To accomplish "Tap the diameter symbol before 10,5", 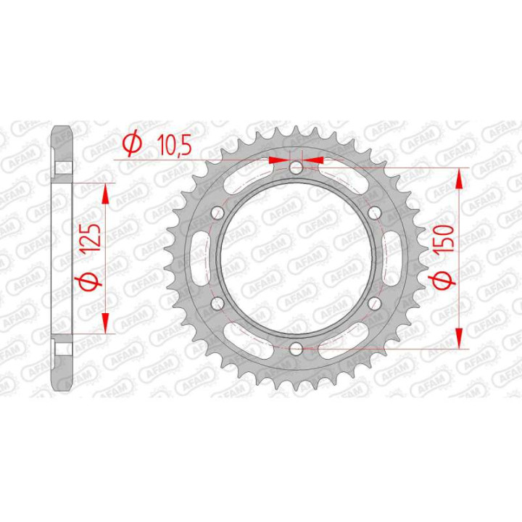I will tap(132, 145).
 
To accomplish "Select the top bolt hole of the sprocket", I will tap(295, 168).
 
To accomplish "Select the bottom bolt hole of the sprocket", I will tap(295, 349).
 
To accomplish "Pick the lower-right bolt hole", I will tap(374, 304).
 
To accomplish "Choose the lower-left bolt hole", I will tap(216, 304).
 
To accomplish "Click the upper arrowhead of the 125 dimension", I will tap(106, 191).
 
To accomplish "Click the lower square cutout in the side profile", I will tap(63, 347).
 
